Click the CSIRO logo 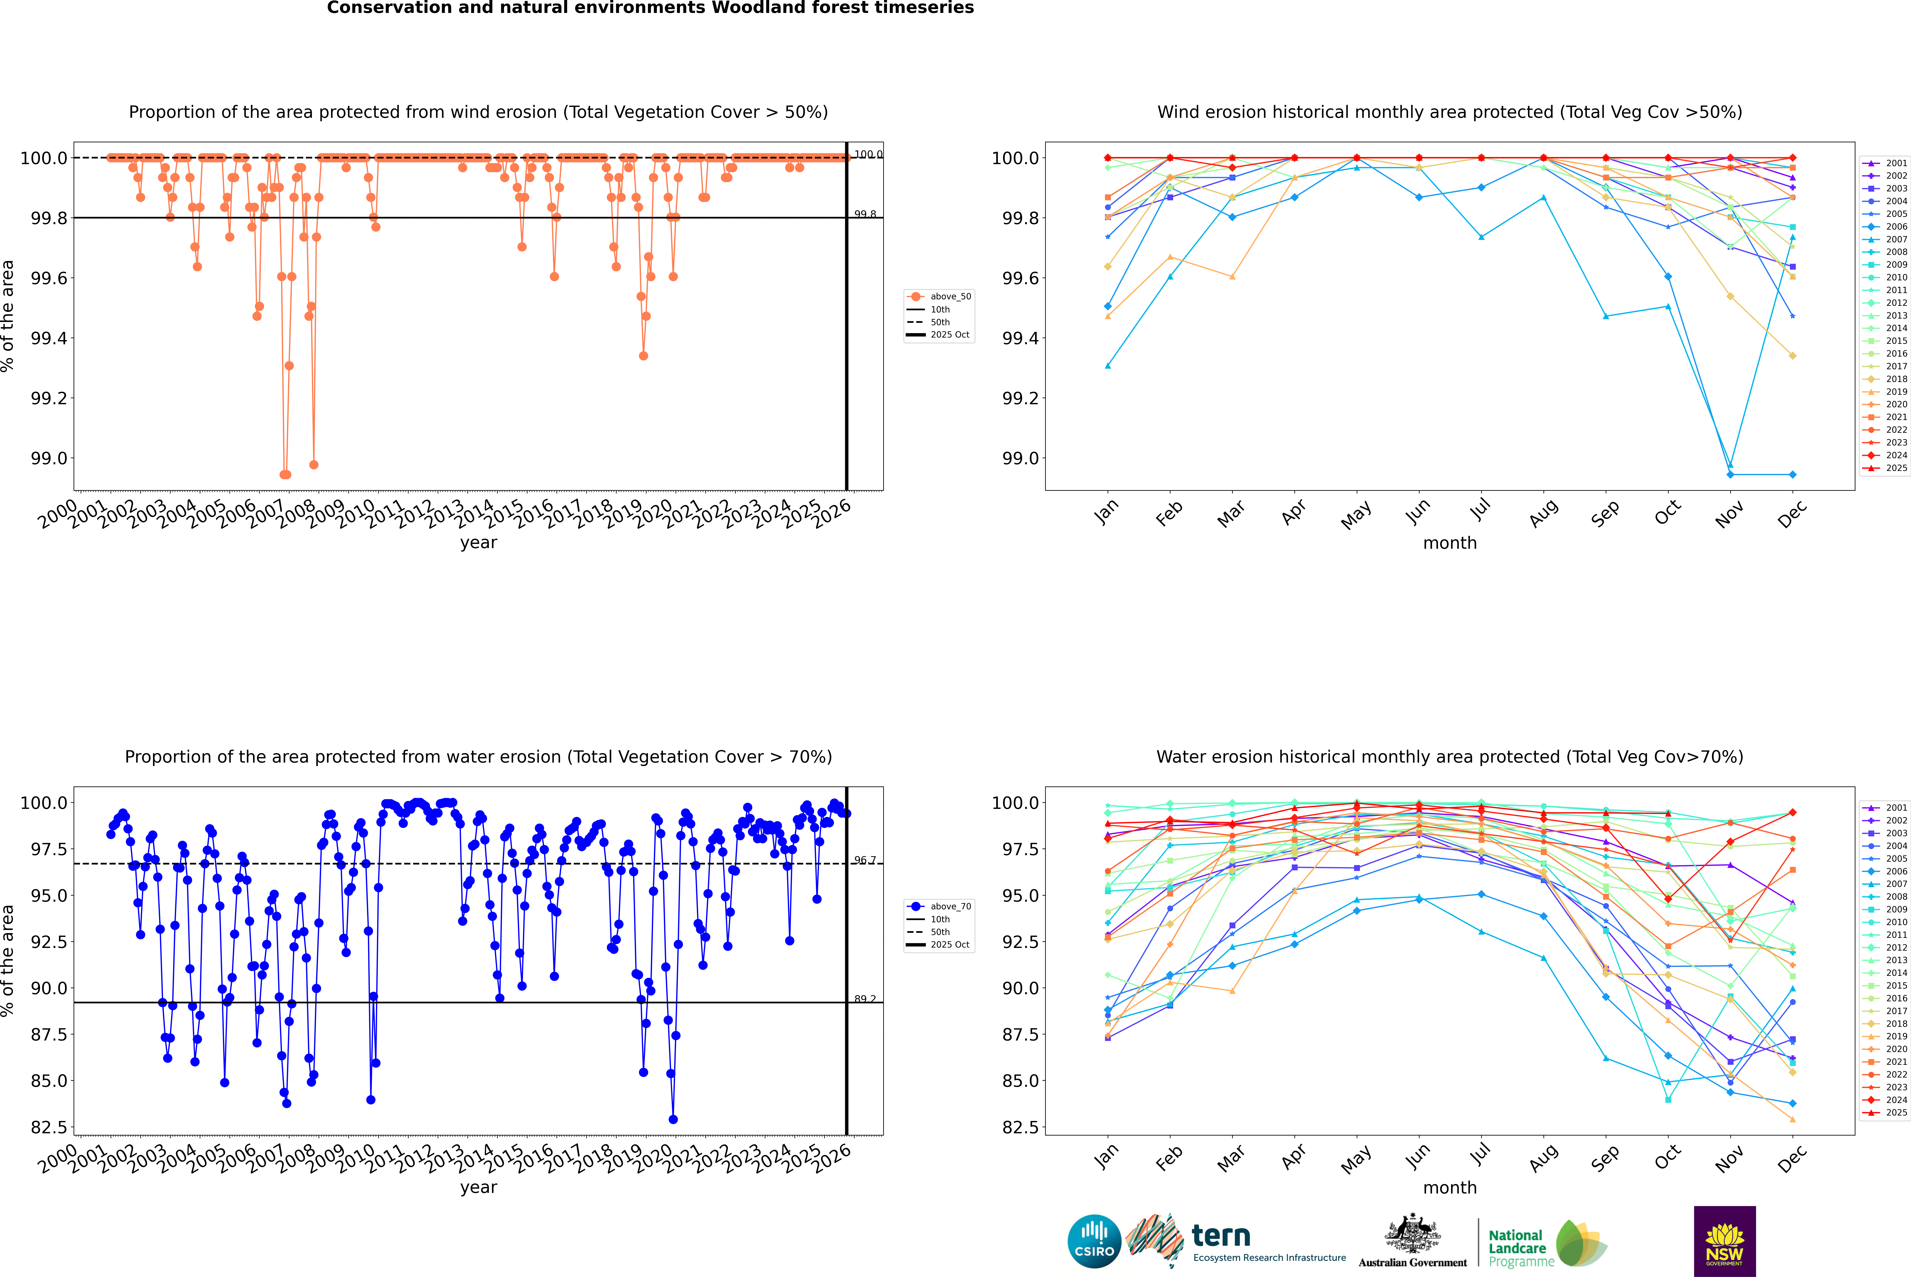1094,1241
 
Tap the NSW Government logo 1724,1241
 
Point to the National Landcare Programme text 1517,1248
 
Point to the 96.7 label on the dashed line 865,860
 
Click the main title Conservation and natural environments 650,8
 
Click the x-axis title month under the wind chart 1449,543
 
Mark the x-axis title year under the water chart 478,1187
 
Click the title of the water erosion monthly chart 1449,757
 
